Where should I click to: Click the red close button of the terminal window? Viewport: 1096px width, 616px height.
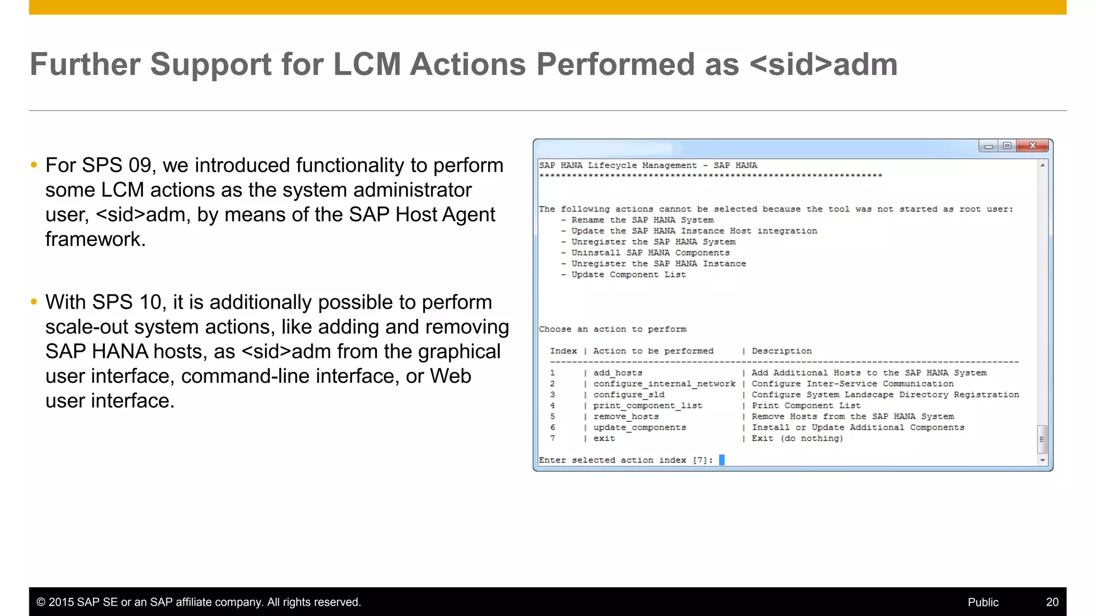point(1032,145)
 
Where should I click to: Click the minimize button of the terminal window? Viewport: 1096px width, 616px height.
point(988,146)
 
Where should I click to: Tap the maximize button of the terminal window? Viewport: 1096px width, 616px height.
point(1007,145)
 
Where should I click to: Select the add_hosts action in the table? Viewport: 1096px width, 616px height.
point(618,373)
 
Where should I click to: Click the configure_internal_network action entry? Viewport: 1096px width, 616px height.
point(664,384)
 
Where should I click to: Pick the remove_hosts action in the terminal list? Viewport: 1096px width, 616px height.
point(626,417)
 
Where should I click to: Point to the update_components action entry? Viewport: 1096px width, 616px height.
point(640,427)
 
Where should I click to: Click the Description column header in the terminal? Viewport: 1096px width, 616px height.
point(781,351)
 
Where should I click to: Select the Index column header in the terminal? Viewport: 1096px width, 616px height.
point(564,351)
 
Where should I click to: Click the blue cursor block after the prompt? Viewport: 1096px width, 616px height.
point(721,460)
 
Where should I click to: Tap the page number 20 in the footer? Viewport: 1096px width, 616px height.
point(1052,602)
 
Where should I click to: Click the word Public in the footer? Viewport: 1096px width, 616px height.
point(983,602)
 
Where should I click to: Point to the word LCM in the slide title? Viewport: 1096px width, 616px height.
point(367,64)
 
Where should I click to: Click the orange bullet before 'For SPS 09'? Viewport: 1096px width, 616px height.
point(34,165)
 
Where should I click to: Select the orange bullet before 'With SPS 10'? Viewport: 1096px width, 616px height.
point(34,302)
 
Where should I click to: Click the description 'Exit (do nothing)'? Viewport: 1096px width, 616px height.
point(797,438)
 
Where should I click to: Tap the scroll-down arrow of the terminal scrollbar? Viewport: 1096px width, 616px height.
point(1042,460)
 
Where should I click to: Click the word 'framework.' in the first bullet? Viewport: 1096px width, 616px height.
point(95,239)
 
